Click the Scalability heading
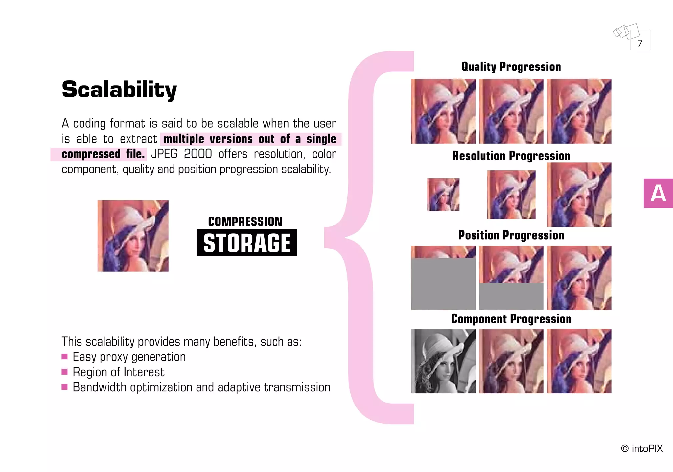(x=119, y=90)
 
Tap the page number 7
(x=640, y=43)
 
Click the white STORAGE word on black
(x=247, y=243)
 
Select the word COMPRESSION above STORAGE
(x=245, y=222)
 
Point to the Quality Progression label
(x=511, y=67)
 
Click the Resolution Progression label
(x=511, y=156)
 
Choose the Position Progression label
(x=511, y=235)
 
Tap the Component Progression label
(x=511, y=319)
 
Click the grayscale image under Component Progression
(x=443, y=361)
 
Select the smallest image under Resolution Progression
(x=443, y=195)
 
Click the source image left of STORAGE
(x=133, y=236)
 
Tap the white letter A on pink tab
(x=658, y=194)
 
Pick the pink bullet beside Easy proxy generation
(x=64, y=356)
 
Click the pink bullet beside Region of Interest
(x=64, y=372)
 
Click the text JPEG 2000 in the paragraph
(x=181, y=154)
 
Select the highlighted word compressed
(x=91, y=154)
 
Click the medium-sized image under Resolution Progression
(x=511, y=195)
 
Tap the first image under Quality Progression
(x=443, y=111)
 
